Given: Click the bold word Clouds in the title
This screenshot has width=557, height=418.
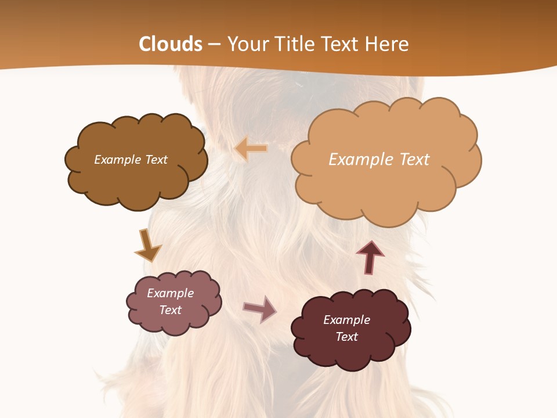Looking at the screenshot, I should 171,44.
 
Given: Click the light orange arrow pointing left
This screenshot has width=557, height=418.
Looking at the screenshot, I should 251,149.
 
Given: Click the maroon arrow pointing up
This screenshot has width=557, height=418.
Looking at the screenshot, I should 370,257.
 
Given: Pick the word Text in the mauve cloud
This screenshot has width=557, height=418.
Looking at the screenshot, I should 171,310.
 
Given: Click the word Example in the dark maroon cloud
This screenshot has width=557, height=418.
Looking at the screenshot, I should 346,320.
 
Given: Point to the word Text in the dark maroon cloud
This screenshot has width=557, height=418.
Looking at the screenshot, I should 346,337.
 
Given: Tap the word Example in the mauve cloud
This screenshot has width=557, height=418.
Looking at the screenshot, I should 171,293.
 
